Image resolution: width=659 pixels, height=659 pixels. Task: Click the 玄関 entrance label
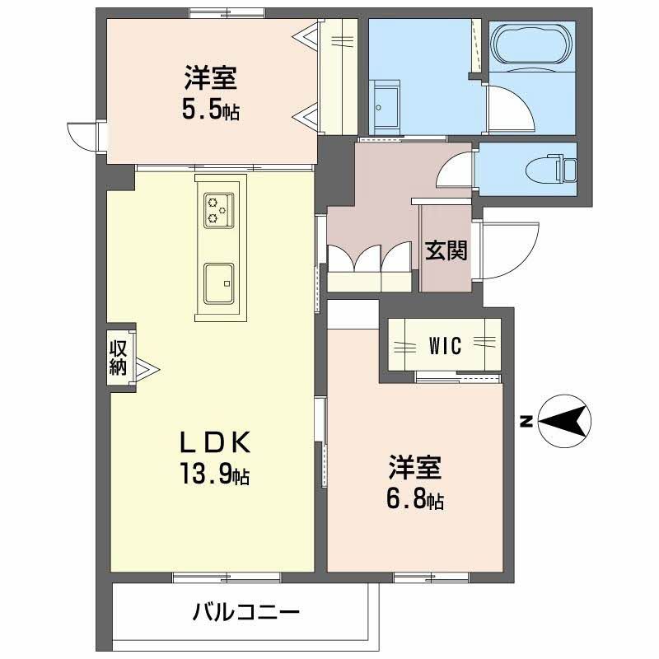pos(446,250)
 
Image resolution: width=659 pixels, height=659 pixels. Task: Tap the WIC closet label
pos(445,346)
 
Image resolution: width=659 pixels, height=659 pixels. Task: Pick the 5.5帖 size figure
pos(211,110)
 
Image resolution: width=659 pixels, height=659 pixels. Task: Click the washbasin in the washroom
pos(384,99)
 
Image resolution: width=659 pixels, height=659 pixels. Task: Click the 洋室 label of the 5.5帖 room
pos(211,80)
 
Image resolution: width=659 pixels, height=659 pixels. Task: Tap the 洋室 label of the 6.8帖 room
pos(415,470)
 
